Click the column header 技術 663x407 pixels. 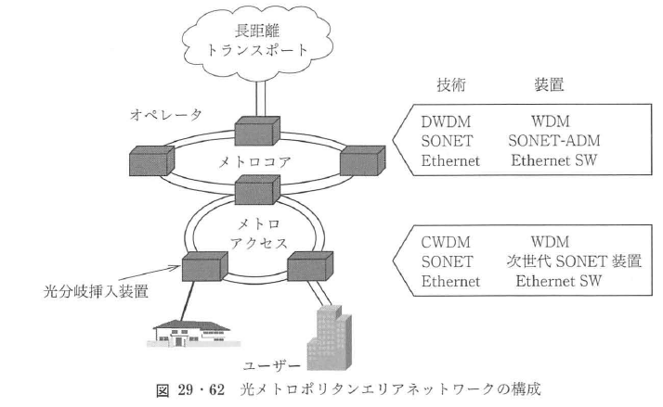click(452, 85)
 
